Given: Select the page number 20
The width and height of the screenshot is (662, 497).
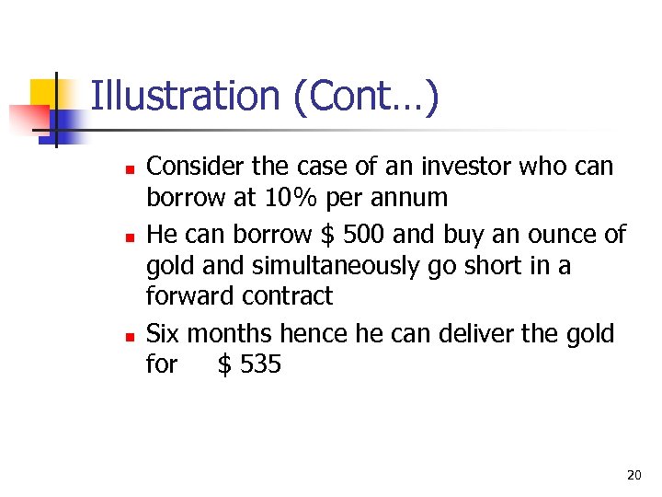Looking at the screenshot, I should coord(633,475).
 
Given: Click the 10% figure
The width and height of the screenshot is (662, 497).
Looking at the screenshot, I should coord(291,198).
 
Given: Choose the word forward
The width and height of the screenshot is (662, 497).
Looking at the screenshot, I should coord(191,296).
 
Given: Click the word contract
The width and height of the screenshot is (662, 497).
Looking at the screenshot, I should coord(288,296).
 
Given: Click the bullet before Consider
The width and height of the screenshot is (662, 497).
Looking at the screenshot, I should coord(130,169).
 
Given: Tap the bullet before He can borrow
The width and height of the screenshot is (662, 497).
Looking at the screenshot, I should coord(130,237).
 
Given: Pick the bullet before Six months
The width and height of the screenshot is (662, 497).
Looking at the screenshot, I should coord(130,336).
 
